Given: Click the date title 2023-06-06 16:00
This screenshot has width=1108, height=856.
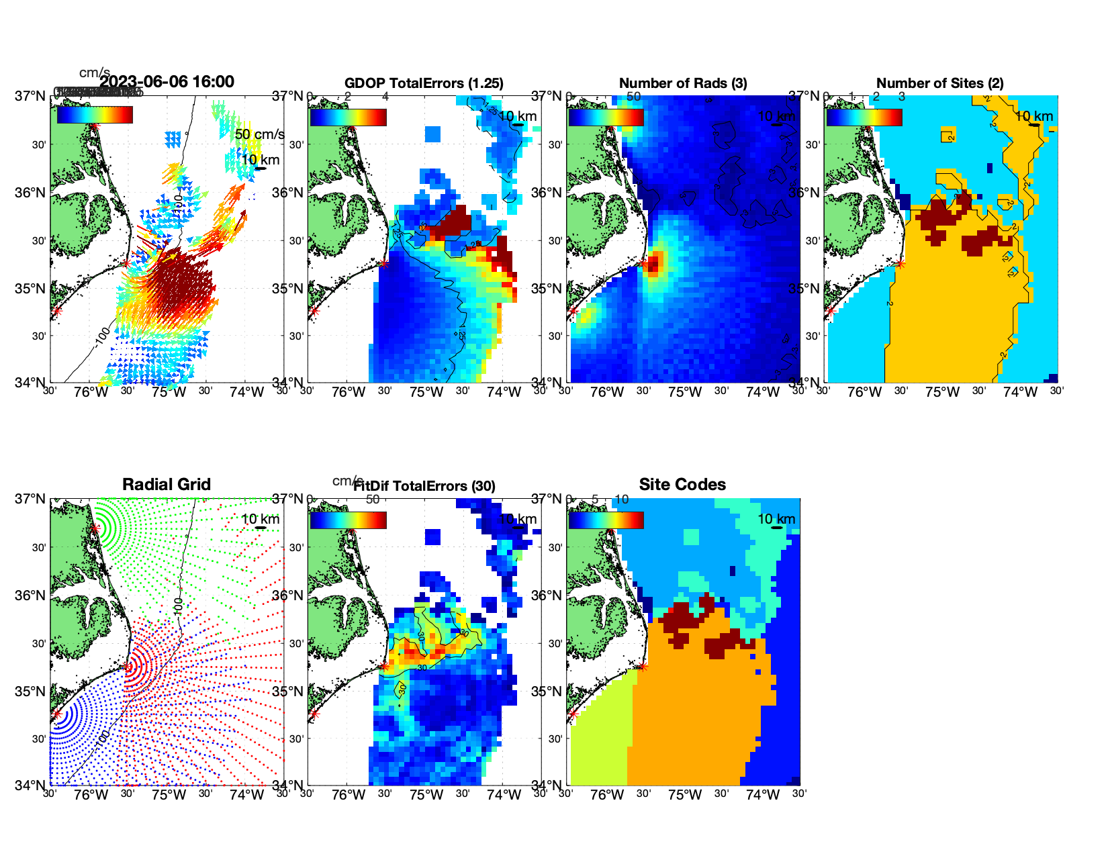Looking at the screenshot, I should point(167,82).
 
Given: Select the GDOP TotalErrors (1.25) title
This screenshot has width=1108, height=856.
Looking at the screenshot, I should point(424,83).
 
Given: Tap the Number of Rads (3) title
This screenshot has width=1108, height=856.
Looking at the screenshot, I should point(683,83).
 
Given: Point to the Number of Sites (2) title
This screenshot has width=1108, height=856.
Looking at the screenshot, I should point(940,83).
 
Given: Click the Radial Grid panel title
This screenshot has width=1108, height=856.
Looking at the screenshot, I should point(167,485).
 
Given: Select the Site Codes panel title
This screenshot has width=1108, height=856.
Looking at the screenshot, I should point(682,485).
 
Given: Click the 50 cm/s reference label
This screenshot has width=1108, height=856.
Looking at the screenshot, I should point(259,134).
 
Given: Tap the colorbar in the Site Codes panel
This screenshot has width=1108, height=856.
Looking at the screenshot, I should point(606,520).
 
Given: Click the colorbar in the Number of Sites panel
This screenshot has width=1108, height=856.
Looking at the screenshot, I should point(864,117).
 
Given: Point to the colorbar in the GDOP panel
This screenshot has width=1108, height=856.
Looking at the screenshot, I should point(348,117).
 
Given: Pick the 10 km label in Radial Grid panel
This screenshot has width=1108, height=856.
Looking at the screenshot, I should point(260,519).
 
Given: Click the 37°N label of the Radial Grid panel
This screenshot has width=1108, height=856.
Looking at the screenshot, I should point(30,499).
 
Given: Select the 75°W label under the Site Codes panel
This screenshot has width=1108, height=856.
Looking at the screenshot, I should point(684,795).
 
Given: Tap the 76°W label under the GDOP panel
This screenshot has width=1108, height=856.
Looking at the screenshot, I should point(349,392).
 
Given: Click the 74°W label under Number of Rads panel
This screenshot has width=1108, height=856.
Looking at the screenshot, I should point(762,392).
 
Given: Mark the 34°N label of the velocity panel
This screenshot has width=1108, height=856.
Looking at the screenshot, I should point(30,383).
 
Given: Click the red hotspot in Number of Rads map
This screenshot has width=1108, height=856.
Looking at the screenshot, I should point(655,262).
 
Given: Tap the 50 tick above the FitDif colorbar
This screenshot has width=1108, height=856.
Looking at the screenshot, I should point(373,500).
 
